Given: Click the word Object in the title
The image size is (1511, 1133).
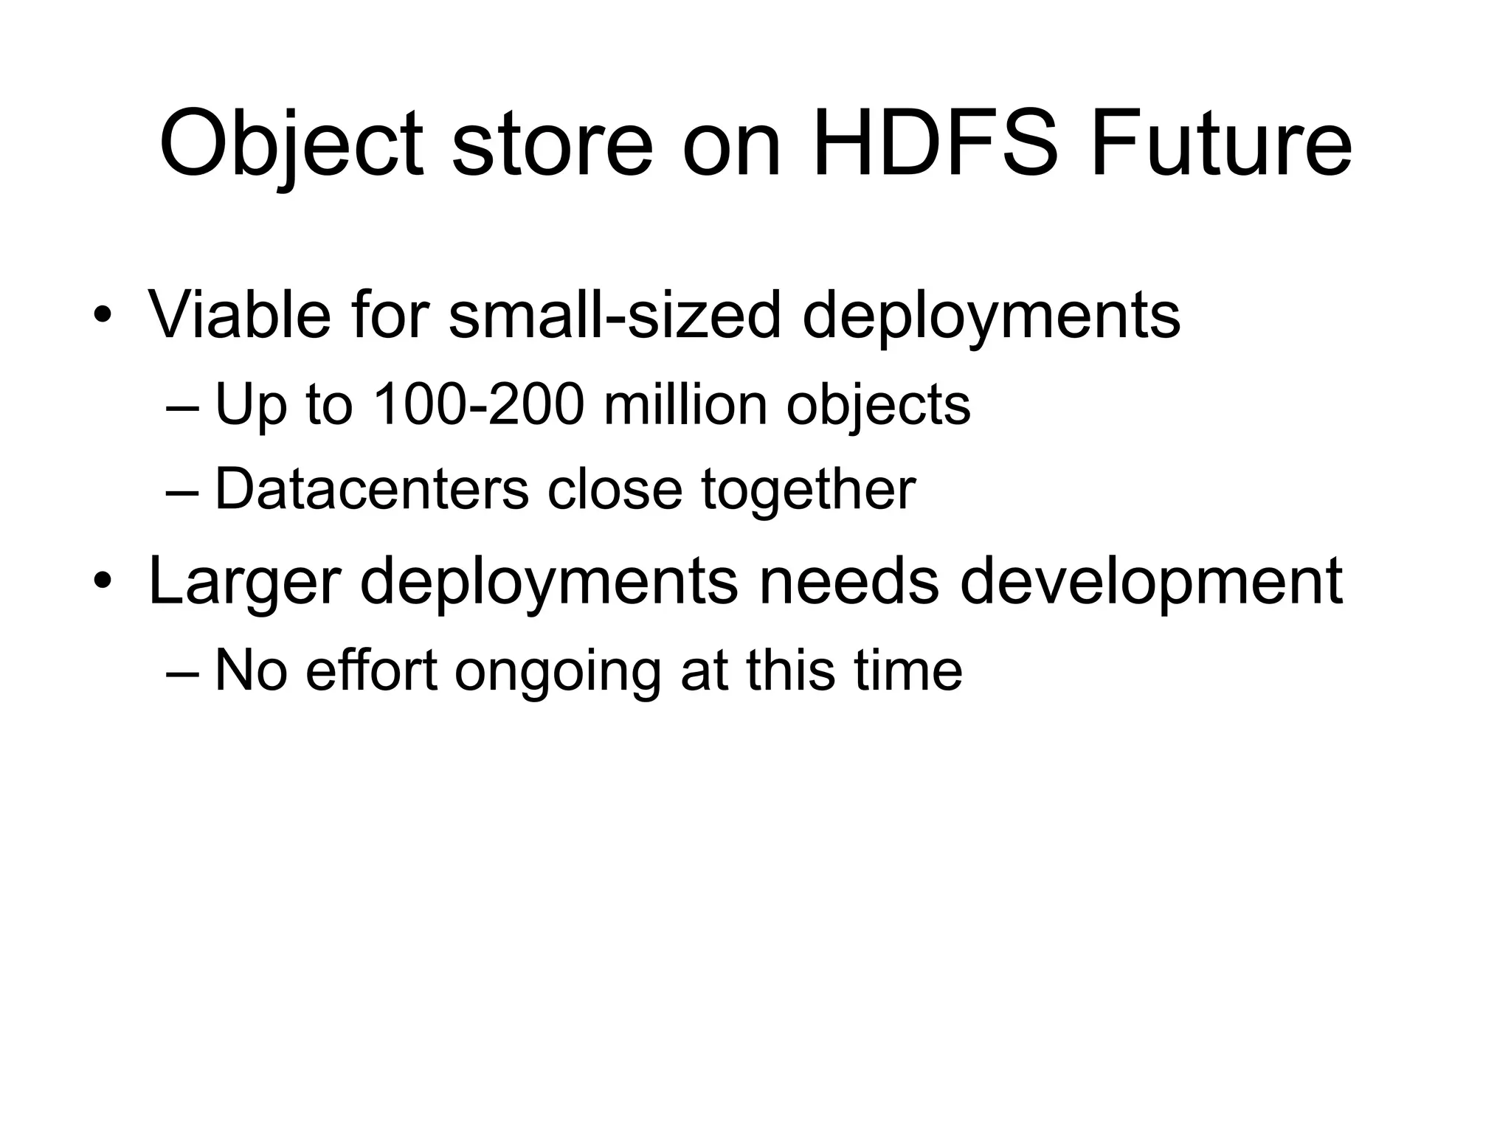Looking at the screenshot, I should (291, 145).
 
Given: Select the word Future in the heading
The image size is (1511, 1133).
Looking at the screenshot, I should (1221, 143).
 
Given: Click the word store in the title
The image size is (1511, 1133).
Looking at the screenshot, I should (553, 145).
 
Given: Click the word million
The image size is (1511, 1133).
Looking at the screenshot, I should (685, 405).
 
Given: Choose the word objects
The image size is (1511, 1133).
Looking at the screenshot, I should (878, 406).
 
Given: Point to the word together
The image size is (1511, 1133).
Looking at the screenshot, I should (808, 491).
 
